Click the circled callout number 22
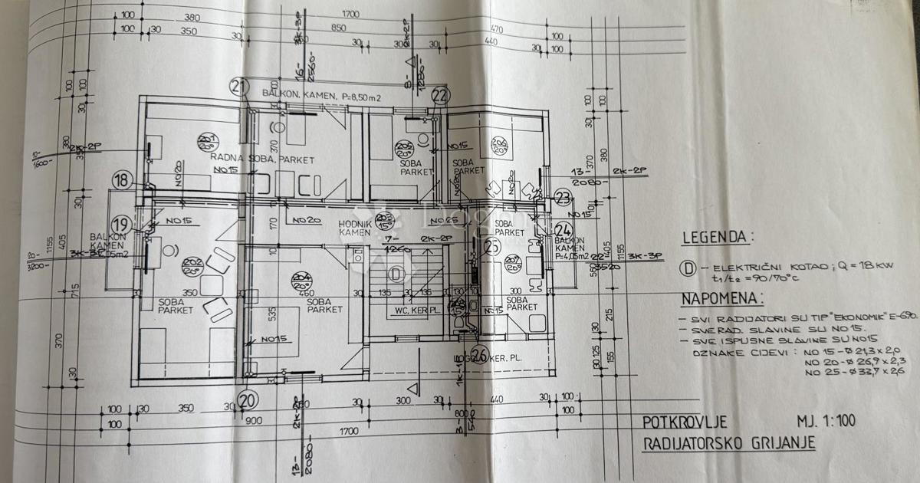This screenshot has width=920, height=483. tap(440, 95)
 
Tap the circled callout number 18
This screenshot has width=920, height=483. tap(122, 181)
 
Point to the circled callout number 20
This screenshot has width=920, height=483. tap(246, 400)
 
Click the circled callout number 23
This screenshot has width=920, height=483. tap(563, 198)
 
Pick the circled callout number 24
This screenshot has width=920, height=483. tap(563, 229)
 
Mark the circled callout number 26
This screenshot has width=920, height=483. tap(481, 355)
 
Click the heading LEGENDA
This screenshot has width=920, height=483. tap(718, 237)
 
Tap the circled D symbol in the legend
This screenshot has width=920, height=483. tap(687, 268)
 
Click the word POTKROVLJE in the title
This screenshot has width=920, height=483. tap(684, 422)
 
